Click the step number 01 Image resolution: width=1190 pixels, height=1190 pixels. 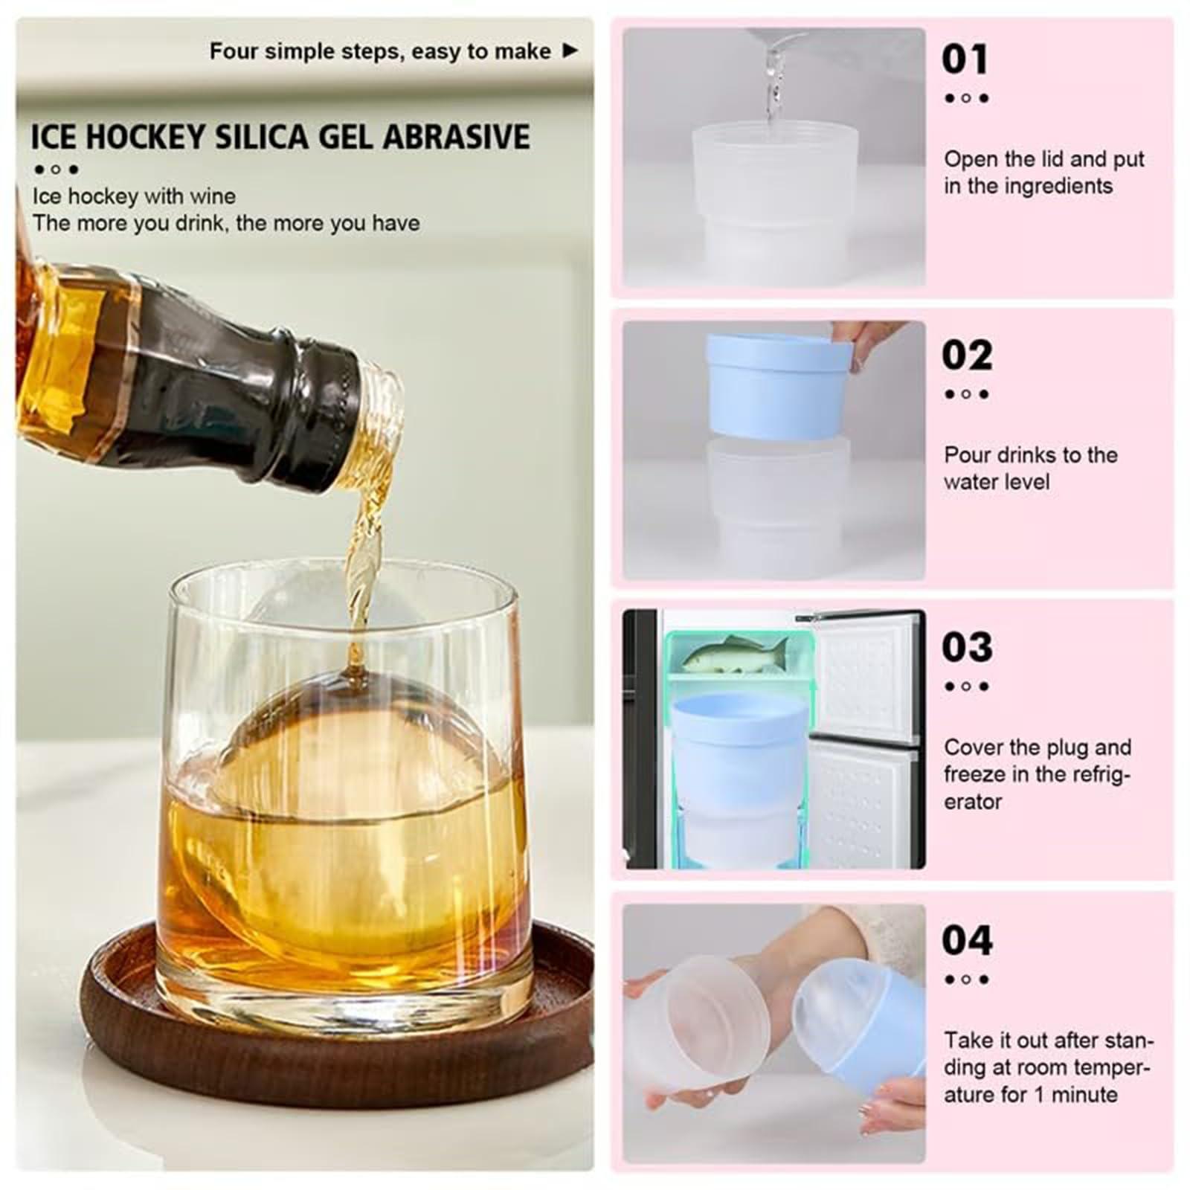pyautogui.click(x=965, y=59)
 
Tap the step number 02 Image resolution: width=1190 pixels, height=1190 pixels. pyautogui.click(x=967, y=355)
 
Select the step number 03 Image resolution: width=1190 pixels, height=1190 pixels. pyautogui.click(x=967, y=647)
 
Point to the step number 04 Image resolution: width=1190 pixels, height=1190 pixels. pyautogui.click(x=967, y=940)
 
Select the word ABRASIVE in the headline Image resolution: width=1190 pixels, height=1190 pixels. pyautogui.click(x=457, y=138)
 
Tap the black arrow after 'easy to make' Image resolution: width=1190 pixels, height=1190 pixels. pyautogui.click(x=570, y=51)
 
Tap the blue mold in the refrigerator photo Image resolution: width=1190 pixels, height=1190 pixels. pyautogui.click(x=740, y=751)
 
